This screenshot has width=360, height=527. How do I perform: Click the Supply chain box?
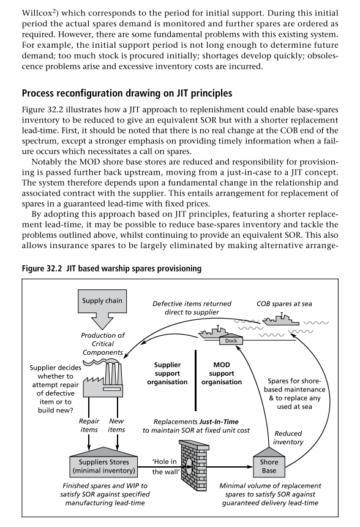[x=102, y=300]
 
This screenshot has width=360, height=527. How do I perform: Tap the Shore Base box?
[x=269, y=464]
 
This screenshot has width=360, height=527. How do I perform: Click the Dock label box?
[x=231, y=341]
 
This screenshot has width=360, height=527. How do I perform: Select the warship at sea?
[x=280, y=319]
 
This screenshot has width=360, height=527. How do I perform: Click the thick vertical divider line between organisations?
[x=196, y=381]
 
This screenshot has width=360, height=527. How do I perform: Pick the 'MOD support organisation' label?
[x=222, y=373]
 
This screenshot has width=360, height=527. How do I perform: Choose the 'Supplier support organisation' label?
[x=167, y=373]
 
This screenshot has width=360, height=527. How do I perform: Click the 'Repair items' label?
[x=89, y=425]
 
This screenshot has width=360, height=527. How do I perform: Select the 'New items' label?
[x=116, y=425]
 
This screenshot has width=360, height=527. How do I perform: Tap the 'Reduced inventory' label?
[x=288, y=438]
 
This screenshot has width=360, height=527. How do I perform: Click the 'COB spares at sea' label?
[x=284, y=304]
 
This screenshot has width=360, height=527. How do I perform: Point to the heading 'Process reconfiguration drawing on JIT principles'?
[x=127, y=93]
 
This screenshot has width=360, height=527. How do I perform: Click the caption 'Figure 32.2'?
[x=42, y=268]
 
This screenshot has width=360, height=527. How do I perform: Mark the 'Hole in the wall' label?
[x=165, y=466]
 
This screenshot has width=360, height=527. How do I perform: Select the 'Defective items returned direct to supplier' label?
[x=192, y=308]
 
